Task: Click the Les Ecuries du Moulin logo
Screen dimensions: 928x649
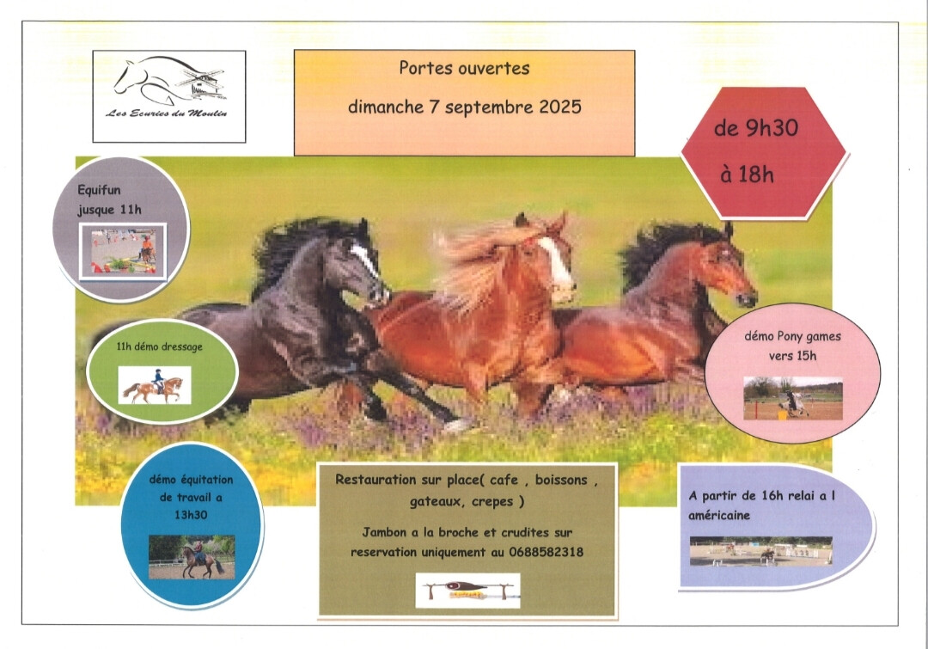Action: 169,88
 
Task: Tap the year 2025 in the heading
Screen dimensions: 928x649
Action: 560,107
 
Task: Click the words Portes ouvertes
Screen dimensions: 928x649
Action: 464,68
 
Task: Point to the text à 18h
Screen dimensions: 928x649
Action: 747,174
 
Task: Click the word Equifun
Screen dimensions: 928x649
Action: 99,190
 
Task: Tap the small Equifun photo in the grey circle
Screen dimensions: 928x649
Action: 123,251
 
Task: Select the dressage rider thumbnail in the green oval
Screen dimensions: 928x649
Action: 155,385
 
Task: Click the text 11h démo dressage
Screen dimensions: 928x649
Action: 159,347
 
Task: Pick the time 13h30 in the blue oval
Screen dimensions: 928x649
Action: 191,515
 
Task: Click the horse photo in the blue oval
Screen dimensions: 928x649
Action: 192,557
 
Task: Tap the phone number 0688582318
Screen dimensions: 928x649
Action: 546,552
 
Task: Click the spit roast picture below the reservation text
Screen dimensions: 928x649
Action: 467,591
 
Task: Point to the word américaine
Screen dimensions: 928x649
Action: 719,515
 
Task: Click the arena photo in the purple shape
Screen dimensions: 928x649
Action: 761,551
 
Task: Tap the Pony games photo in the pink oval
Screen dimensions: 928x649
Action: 793,399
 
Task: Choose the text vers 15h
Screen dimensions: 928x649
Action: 792,356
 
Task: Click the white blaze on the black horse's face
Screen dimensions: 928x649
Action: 364,259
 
